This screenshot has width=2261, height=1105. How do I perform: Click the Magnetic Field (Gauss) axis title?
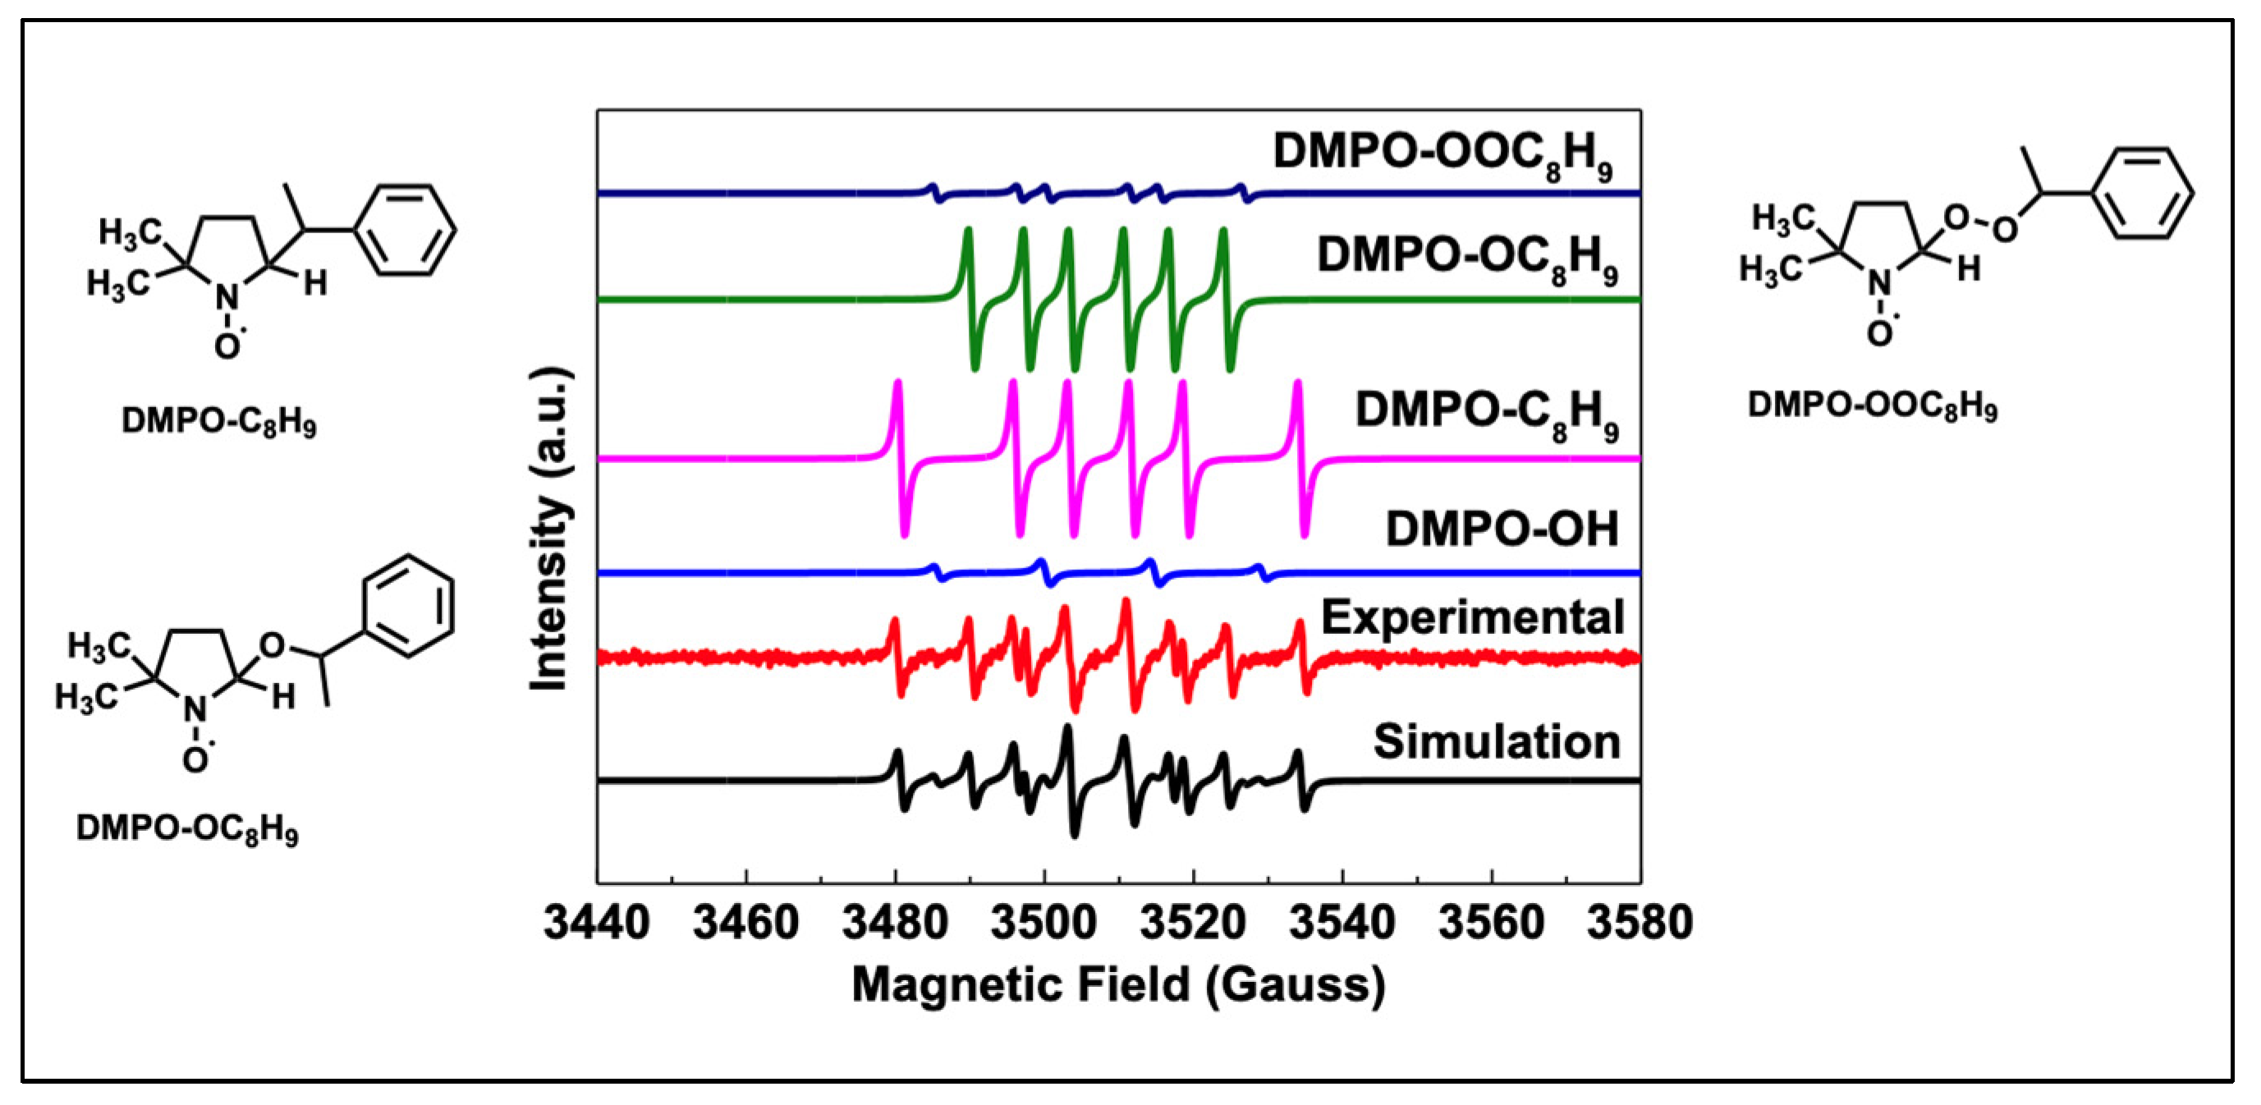[x=1118, y=985]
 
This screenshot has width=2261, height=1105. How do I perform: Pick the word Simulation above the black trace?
[x=1496, y=742]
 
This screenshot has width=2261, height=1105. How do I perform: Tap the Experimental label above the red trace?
[x=1472, y=618]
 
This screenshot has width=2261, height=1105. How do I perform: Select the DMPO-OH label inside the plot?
[x=1501, y=530]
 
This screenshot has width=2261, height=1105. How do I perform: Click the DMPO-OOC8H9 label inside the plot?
[x=1442, y=154]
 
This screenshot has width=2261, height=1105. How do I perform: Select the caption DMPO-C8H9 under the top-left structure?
[x=218, y=422]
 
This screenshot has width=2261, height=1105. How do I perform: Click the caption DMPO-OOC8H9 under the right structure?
[x=1872, y=406]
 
